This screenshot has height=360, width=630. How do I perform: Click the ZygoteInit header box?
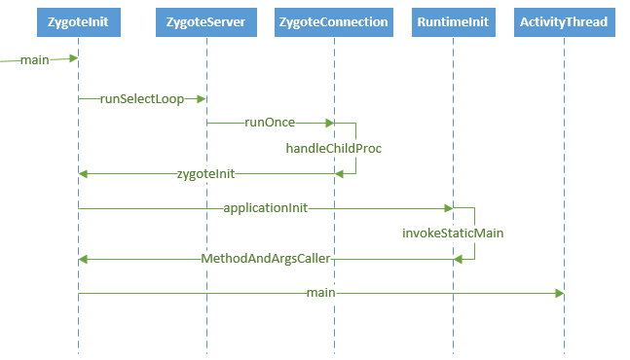tap(77, 22)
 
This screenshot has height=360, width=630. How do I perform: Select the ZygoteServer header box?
tap(206, 22)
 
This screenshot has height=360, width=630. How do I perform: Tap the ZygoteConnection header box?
tap(333, 22)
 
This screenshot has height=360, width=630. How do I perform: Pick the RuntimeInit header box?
tap(452, 22)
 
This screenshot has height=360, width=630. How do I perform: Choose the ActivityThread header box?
tap(564, 22)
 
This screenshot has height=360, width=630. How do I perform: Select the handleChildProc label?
tap(333, 149)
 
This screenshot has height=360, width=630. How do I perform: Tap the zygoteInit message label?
tap(205, 174)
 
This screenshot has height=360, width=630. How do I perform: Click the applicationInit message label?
tap(266, 208)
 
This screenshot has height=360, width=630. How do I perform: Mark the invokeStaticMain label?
tap(453, 234)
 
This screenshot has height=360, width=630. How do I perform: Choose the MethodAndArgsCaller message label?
tap(266, 259)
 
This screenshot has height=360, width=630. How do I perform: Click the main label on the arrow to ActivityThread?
tap(320, 293)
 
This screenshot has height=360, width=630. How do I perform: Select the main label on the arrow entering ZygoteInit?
tap(34, 60)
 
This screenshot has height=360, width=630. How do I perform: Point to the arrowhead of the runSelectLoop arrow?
tap(202, 98)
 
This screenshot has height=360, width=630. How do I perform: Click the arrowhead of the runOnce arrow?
tap(329, 124)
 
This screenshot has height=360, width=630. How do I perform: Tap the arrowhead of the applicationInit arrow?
tap(448, 208)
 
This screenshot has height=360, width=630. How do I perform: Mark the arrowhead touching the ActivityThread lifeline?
tap(559, 293)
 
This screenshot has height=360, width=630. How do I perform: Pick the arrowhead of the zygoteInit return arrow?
tap(84, 174)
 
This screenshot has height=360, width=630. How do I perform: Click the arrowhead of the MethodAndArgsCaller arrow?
tap(84, 259)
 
